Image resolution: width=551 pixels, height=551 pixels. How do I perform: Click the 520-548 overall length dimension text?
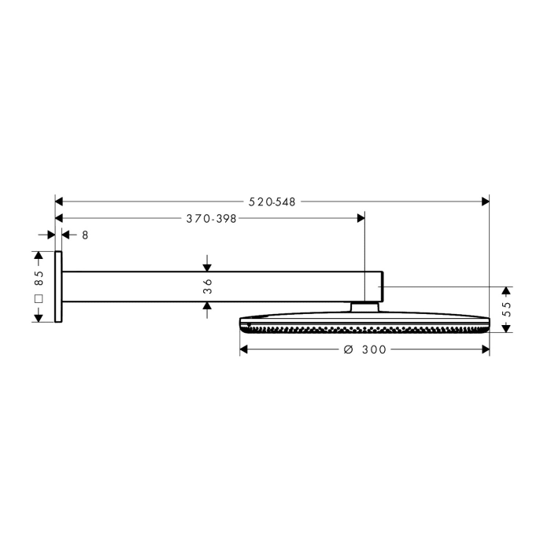(x=272, y=202)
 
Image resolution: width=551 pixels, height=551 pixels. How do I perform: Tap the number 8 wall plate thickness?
(x=85, y=235)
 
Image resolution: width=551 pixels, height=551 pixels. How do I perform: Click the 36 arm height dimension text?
(x=207, y=287)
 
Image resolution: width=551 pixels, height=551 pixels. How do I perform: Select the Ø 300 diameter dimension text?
(x=364, y=349)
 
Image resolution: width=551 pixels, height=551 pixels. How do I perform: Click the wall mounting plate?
(x=58, y=287)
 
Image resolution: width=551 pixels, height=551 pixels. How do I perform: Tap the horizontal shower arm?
(x=220, y=287)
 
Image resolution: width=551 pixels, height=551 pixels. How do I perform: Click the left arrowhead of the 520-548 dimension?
(x=60, y=202)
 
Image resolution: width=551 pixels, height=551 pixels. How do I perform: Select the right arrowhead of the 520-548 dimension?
(x=485, y=202)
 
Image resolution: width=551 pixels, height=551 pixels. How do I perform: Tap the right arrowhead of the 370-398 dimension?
(x=360, y=219)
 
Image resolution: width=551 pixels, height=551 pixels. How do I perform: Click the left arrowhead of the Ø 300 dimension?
(x=244, y=349)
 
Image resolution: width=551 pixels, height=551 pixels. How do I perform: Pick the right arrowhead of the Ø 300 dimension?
(x=485, y=349)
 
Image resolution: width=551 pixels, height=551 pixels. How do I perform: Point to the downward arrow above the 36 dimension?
(x=207, y=266)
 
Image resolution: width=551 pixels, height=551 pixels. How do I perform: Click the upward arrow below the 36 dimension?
(x=207, y=308)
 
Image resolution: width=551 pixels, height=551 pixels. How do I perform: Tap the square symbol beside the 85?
(x=38, y=300)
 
